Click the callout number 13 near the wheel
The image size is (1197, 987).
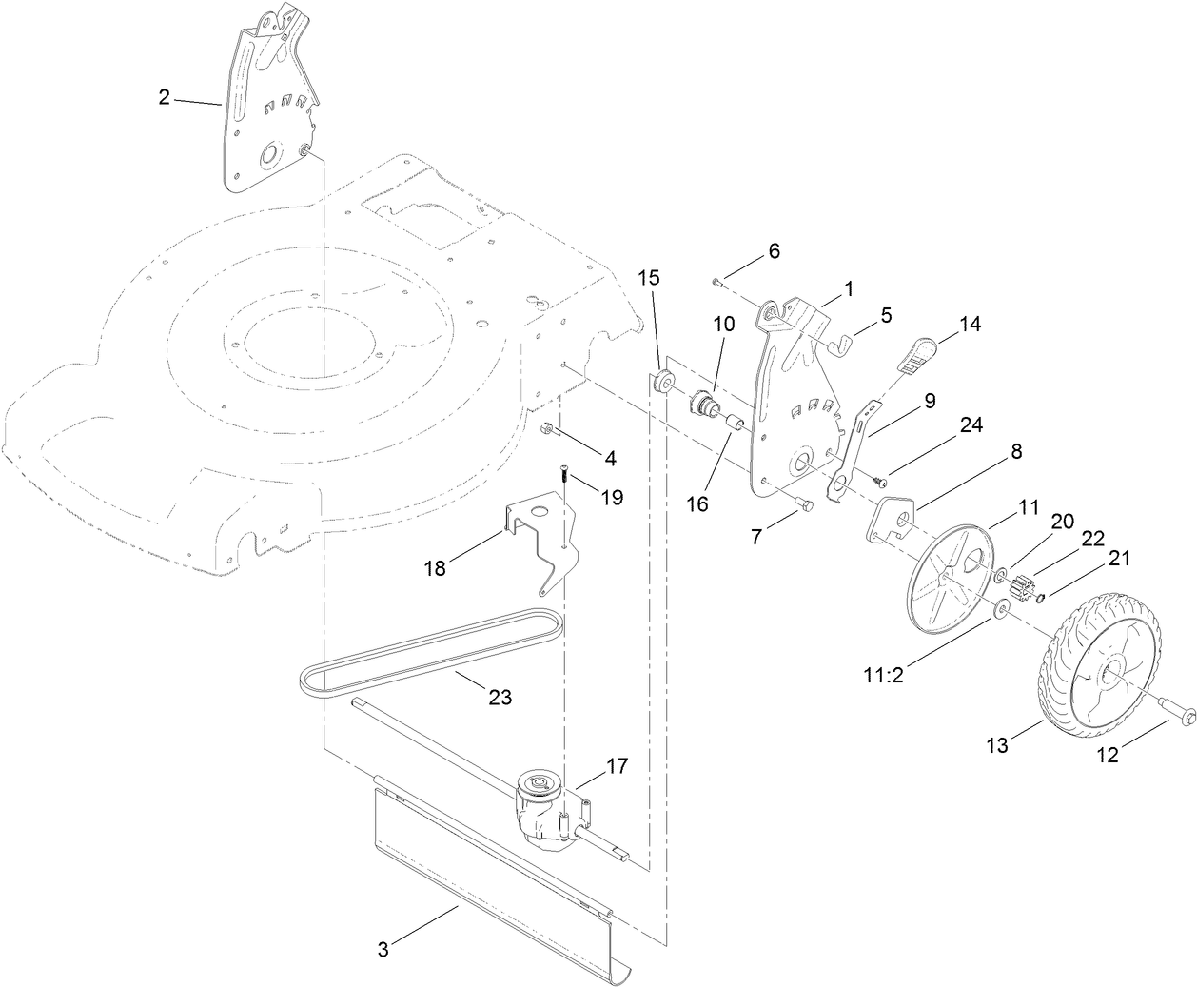click(x=995, y=746)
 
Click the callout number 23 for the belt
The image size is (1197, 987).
click(x=499, y=698)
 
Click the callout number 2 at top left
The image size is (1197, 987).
click(x=164, y=97)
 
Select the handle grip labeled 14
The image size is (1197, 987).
click(x=916, y=353)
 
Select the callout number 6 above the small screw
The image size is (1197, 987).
click(x=773, y=251)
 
